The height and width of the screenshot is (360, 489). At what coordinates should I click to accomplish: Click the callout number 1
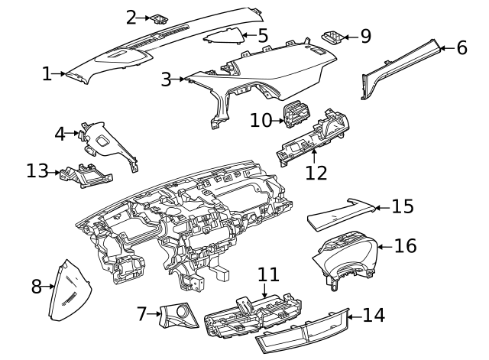47,74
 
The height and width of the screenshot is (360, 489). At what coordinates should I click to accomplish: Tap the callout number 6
461,47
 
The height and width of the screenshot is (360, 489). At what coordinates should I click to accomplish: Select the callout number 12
316,173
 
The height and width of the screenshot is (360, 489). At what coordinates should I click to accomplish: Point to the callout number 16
406,246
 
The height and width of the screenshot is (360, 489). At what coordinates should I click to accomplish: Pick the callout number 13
37,171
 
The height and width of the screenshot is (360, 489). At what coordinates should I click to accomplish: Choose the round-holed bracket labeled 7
177,316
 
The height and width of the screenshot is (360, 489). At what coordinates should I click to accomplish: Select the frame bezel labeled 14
302,333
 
